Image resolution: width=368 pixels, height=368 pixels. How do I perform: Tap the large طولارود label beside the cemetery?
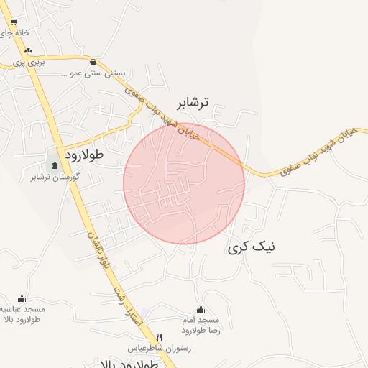coord(85,155)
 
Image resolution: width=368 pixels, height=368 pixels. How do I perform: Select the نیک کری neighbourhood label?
coord(252,247)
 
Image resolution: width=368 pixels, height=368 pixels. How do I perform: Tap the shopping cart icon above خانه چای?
coord(13,23)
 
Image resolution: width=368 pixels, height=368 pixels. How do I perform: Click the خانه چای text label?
coord(16,33)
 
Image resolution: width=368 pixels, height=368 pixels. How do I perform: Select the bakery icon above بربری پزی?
coord(29,51)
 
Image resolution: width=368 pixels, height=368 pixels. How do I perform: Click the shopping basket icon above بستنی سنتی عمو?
coord(94,62)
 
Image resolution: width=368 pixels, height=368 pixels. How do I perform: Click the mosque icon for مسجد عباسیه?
coord(22,299)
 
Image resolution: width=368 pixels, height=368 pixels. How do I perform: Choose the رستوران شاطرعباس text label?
coord(160,348)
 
